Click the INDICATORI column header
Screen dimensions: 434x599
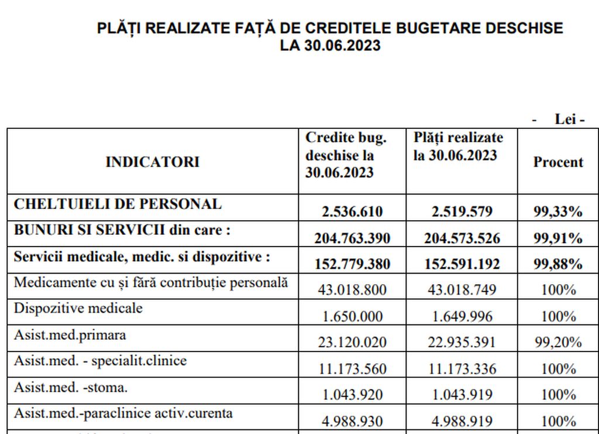coord(152,162)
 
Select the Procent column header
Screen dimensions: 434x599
coord(557,162)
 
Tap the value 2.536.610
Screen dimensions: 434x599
coord(352,211)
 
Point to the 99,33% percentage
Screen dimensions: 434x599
coord(557,211)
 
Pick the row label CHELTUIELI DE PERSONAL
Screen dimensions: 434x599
coord(118,204)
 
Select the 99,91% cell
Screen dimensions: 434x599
coord(557,238)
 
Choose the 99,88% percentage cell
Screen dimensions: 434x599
coord(557,264)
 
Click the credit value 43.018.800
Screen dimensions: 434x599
coord(352,290)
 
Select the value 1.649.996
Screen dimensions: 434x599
coord(462,316)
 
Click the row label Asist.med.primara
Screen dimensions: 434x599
coord(70,335)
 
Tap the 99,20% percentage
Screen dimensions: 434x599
coord(557,343)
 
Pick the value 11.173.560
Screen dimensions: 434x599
coord(352,369)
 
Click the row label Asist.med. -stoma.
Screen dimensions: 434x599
coord(71,387)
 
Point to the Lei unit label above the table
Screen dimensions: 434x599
coord(569,119)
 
